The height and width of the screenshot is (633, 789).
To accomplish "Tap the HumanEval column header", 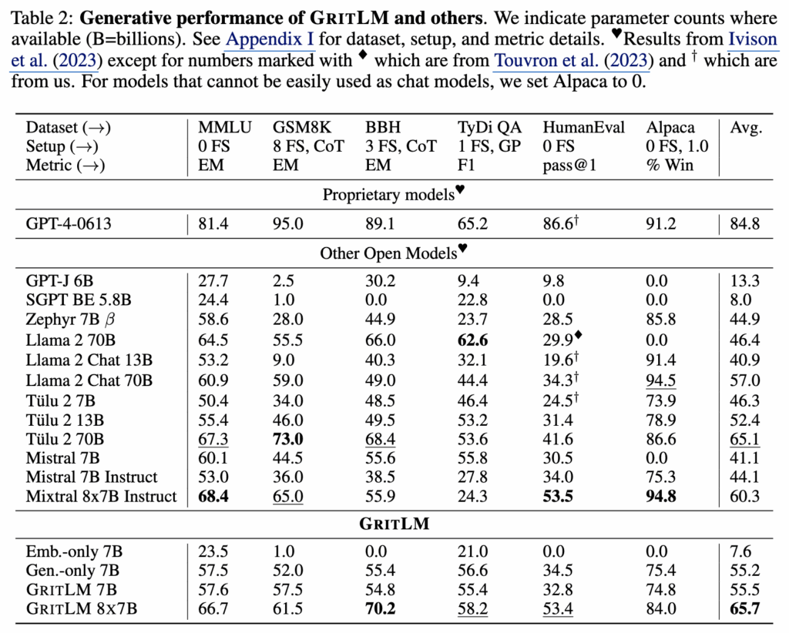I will point(583,128).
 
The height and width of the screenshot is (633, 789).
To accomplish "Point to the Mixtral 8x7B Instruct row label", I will point(101,497).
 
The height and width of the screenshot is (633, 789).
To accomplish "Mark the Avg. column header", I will point(746,128).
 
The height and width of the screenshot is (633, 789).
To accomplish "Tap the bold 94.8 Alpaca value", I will point(661,497).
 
